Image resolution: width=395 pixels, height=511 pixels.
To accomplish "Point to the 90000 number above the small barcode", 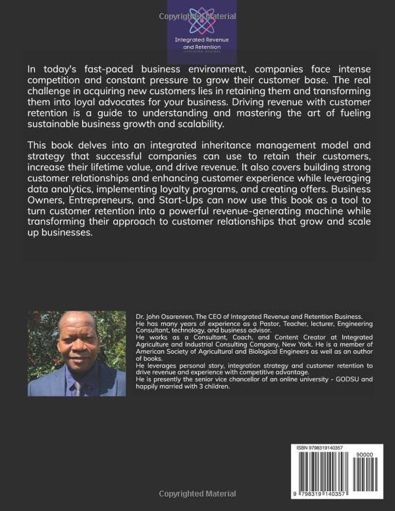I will coord(363,455).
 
